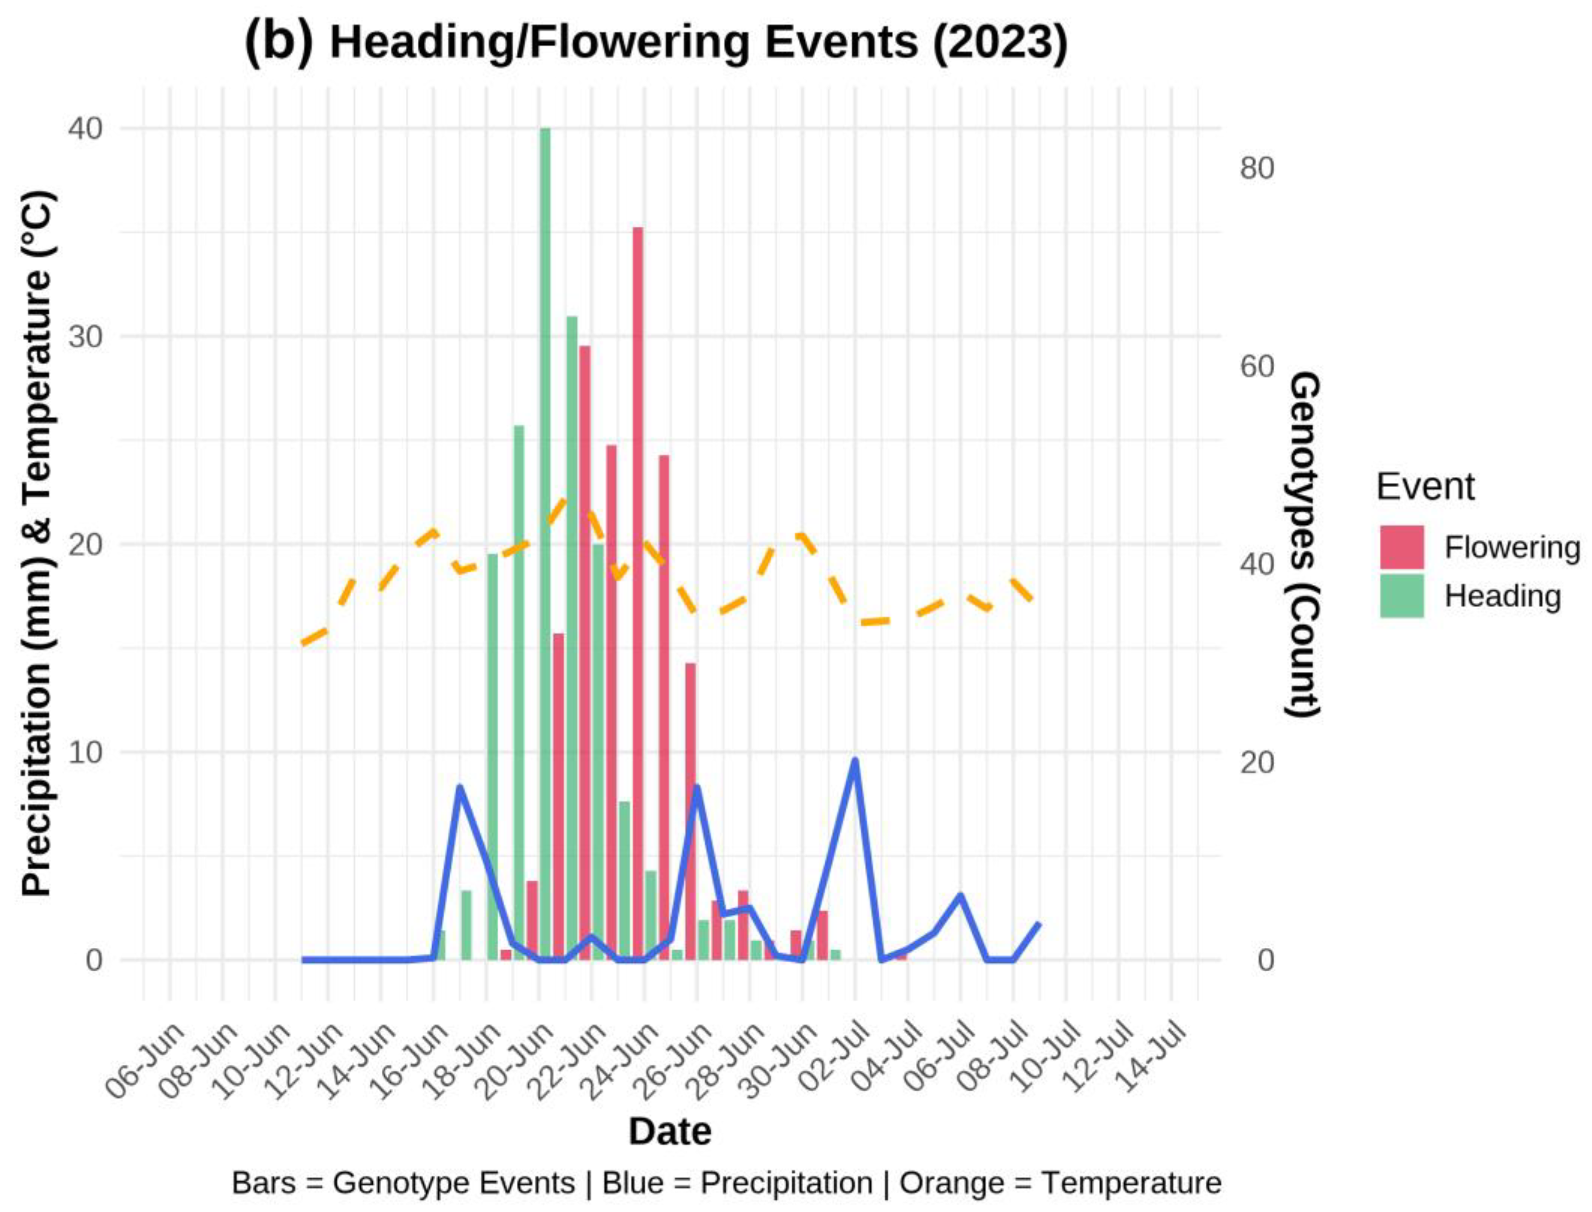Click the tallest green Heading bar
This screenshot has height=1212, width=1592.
(x=545, y=541)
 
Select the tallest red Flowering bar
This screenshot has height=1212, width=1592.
(x=637, y=592)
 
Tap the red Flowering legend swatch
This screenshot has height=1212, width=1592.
(x=1402, y=547)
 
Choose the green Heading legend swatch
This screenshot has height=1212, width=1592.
(x=1402, y=596)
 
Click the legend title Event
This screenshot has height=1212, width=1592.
(x=1425, y=487)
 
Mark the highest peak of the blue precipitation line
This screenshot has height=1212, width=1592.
(x=855, y=760)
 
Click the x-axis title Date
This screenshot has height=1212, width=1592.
(x=670, y=1131)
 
